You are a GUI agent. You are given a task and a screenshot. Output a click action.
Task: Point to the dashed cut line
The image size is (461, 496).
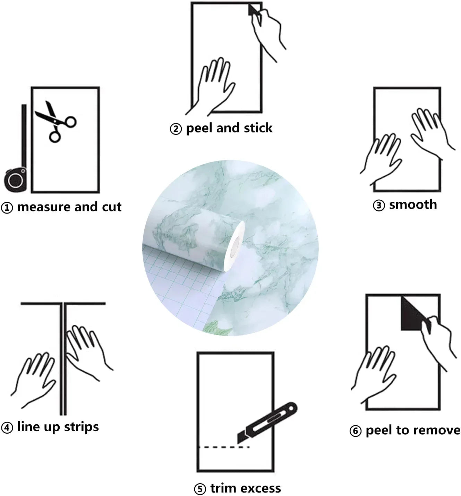(x=224, y=447)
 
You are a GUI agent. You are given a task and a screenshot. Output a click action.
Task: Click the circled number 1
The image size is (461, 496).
(x=7, y=208)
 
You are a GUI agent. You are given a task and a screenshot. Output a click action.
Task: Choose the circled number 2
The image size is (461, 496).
(x=176, y=129)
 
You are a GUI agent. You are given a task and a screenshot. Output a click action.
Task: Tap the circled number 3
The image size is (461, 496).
(x=379, y=206)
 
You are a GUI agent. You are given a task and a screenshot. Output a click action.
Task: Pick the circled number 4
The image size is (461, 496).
(x=7, y=428)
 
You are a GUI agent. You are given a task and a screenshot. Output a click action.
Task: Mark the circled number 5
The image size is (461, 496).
(x=200, y=489)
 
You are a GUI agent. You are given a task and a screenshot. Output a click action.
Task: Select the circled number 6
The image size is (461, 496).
(x=356, y=431)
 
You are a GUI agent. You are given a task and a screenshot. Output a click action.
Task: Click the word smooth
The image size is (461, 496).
(x=413, y=205)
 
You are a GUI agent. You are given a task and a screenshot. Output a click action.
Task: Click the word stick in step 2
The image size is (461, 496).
(x=258, y=128)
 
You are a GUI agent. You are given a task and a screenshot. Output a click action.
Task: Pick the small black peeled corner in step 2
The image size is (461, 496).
(x=253, y=10)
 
